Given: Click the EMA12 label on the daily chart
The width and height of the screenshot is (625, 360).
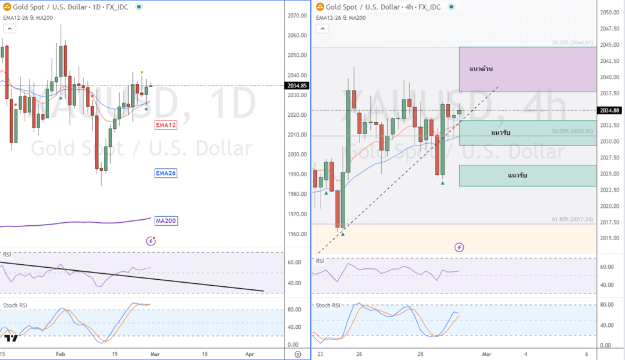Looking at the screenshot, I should [x=166, y=125].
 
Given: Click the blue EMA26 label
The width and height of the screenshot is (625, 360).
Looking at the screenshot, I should [x=166, y=173].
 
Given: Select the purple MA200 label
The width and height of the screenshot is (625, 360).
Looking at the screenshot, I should [x=166, y=221].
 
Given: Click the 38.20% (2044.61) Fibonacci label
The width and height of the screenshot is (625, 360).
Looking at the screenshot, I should [x=572, y=43].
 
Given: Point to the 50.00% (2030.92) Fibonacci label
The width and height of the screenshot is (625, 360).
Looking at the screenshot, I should [x=572, y=131].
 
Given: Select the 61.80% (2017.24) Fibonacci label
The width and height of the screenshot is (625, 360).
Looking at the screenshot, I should [x=572, y=220].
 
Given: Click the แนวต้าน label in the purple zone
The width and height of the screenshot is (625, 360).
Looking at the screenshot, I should [x=481, y=69].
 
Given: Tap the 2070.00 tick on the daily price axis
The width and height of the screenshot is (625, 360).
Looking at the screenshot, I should [x=297, y=16].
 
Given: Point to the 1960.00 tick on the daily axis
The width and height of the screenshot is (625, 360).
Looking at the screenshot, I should [x=297, y=234].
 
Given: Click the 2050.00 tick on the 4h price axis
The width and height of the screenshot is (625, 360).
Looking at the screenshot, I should [x=610, y=13].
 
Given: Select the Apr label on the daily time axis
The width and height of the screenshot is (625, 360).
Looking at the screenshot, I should [x=250, y=354].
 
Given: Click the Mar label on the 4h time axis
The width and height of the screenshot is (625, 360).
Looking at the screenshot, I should [x=487, y=354].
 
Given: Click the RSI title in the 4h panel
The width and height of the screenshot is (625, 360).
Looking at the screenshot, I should [x=320, y=261].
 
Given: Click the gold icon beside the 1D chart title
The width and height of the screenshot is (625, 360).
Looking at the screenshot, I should [x=7, y=7].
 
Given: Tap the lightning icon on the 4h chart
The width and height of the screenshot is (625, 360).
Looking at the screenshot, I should [x=459, y=247].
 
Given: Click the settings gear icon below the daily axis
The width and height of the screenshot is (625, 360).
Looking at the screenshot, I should [x=298, y=355].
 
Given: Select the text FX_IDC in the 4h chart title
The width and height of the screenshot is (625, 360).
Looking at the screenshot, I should [x=428, y=7].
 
